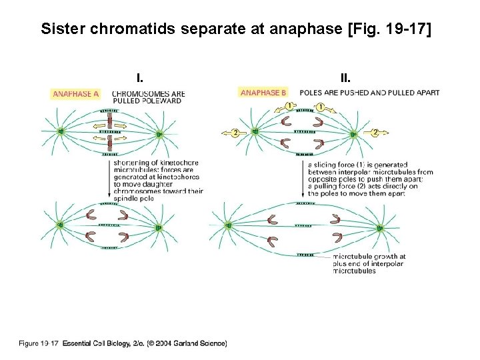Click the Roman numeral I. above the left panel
(x=140, y=77)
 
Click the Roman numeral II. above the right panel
(x=345, y=77)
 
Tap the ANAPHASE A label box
(x=76, y=94)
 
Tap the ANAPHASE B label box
(x=264, y=93)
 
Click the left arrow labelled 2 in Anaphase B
(x=234, y=133)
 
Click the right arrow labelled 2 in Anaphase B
(x=375, y=133)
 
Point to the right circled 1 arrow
(x=320, y=107)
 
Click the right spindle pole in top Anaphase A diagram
(x=159, y=133)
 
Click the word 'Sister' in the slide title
(x=59, y=30)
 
